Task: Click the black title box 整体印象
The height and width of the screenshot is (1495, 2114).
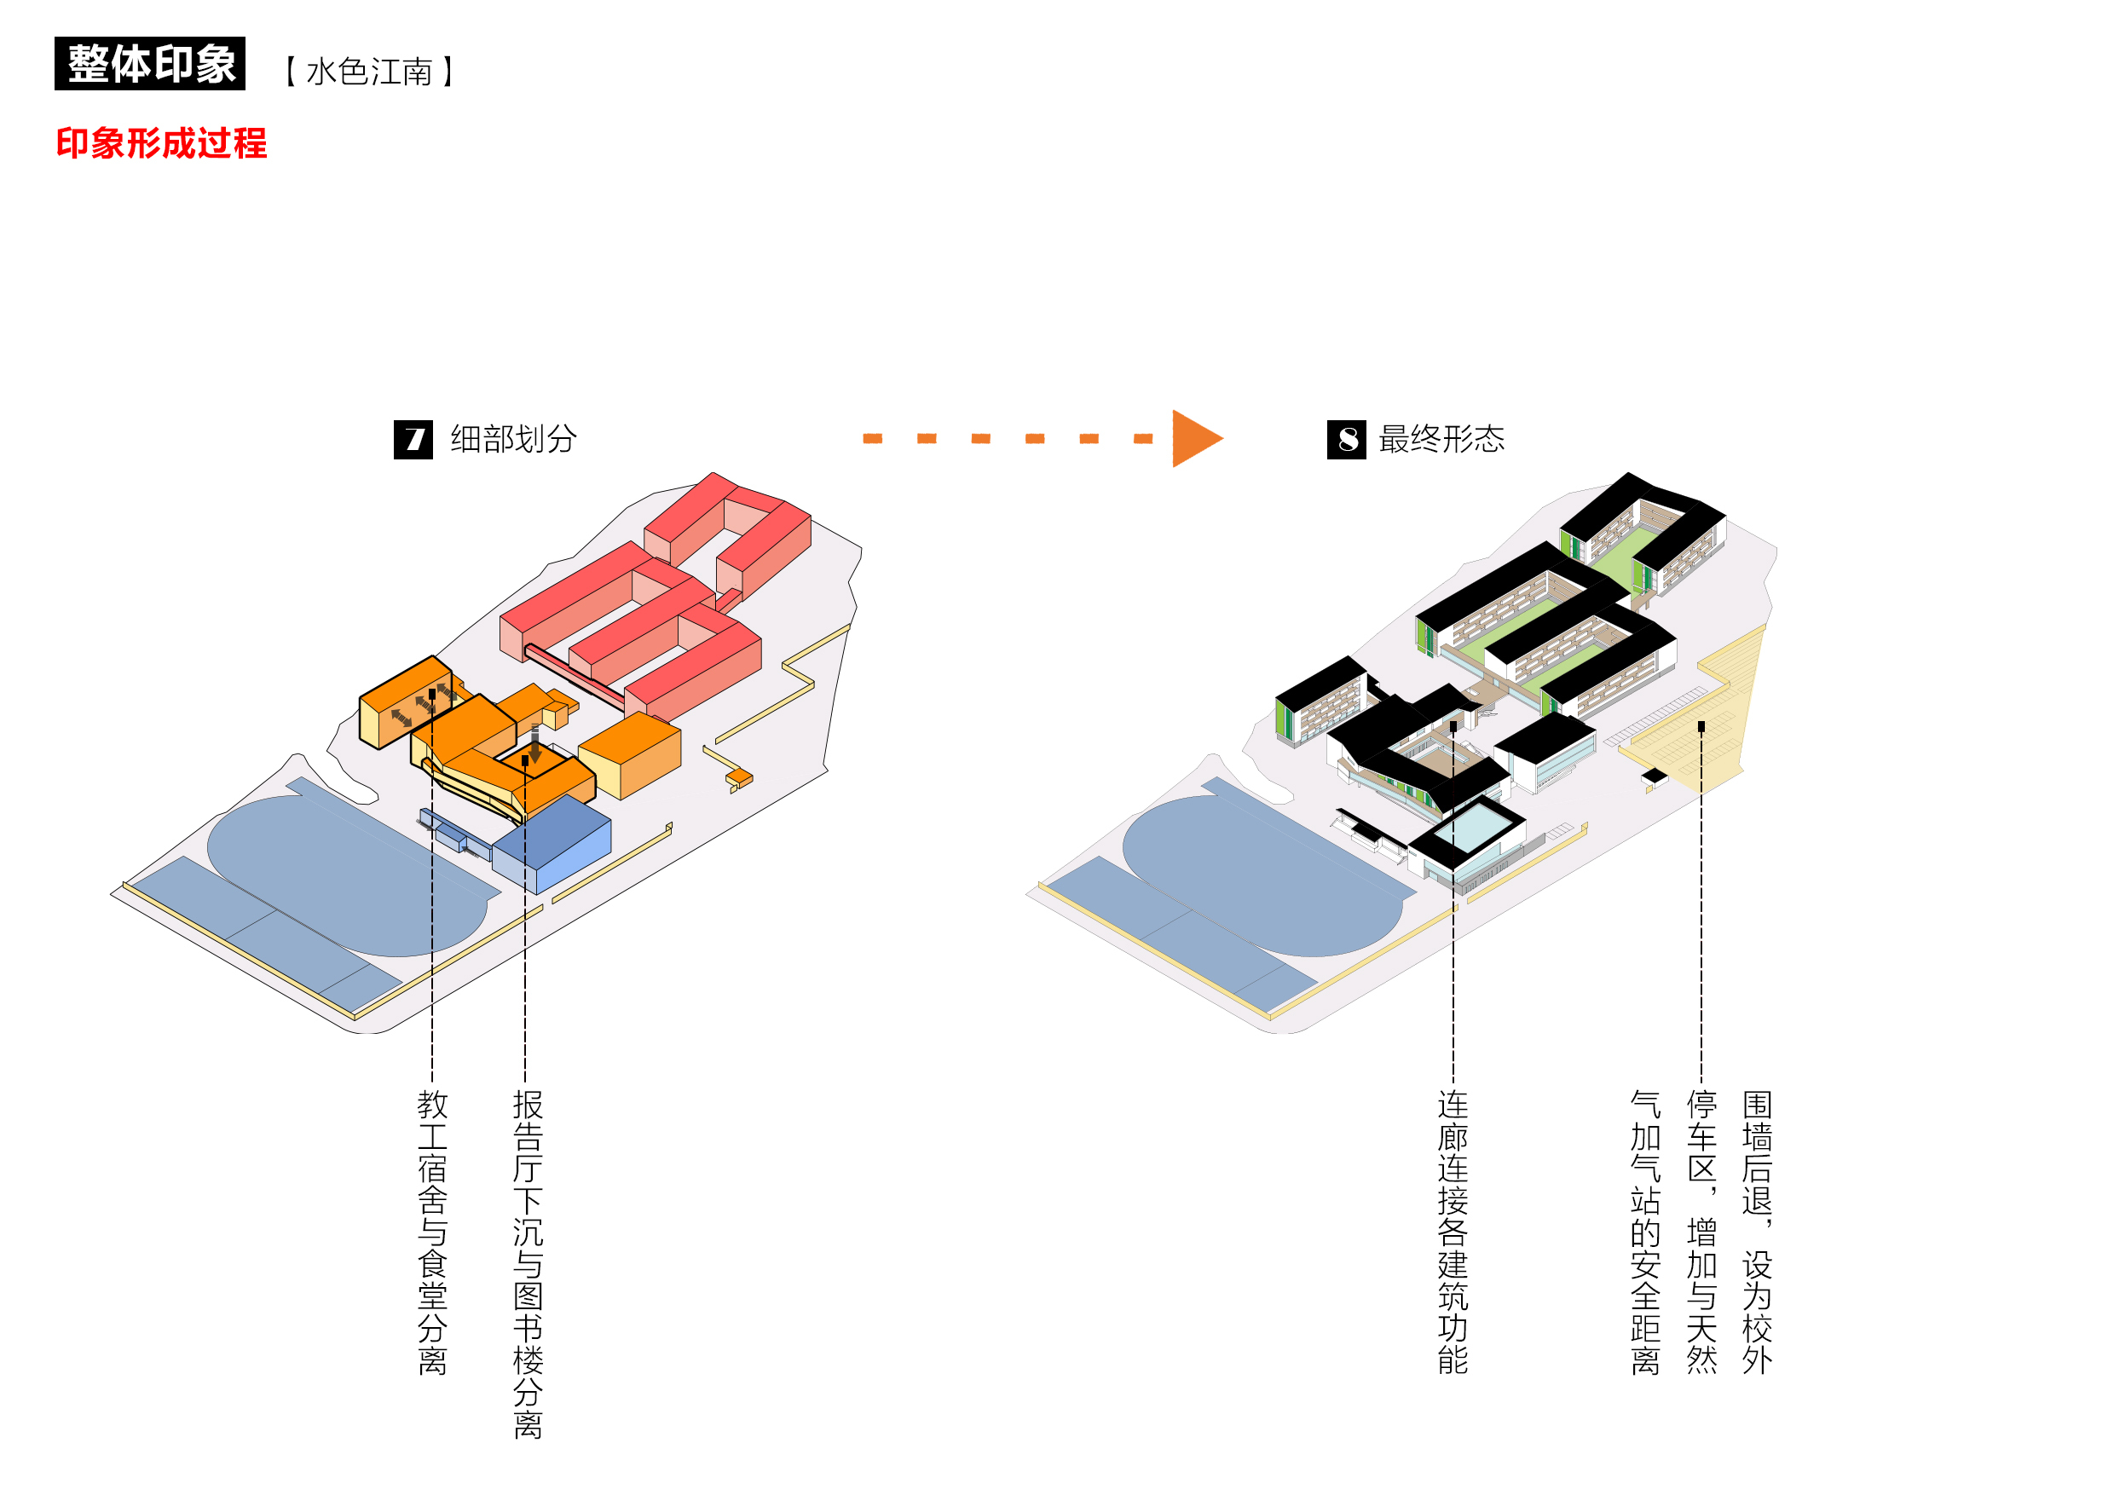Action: [150, 64]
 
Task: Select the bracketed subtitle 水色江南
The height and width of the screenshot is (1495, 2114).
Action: [369, 72]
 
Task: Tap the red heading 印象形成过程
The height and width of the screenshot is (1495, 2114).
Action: [161, 143]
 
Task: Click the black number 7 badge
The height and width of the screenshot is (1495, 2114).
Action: [413, 439]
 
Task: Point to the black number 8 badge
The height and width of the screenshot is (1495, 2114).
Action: [1346, 439]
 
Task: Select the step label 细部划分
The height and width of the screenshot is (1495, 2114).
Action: [513, 439]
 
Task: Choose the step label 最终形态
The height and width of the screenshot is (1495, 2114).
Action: [1441, 439]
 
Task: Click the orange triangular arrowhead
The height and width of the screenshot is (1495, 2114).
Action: [1195, 439]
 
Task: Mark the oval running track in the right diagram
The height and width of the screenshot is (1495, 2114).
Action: [1262, 874]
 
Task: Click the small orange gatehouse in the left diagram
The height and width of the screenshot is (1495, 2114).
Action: [739, 779]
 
